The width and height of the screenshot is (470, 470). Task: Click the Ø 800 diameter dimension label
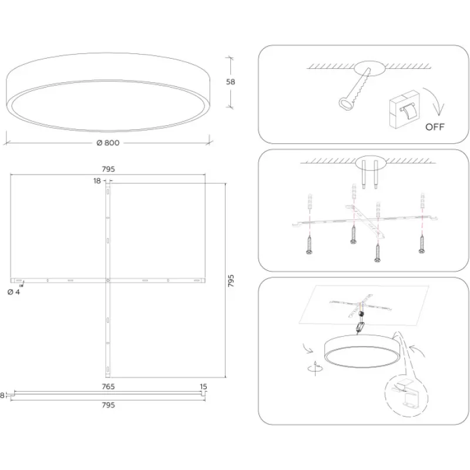click(108, 143)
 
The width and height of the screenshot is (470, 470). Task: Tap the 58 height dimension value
click(230, 82)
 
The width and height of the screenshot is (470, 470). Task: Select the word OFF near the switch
click(435, 127)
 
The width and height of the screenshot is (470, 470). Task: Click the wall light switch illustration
click(404, 110)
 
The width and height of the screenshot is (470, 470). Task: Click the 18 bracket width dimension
click(97, 181)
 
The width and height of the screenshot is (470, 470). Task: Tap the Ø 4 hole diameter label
click(14, 292)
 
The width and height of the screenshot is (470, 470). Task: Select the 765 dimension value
click(108, 387)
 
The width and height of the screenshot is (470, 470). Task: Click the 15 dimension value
click(203, 387)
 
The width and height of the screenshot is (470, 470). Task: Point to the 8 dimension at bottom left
click(2, 395)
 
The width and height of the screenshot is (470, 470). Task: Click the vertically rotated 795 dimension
click(231, 281)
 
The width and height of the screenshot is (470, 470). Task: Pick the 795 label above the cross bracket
click(108, 169)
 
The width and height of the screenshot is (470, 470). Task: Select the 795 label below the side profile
click(108, 405)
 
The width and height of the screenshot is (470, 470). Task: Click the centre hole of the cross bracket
click(108, 281)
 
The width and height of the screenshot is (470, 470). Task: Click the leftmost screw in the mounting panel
click(310, 244)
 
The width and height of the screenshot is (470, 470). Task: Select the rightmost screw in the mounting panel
click(422, 244)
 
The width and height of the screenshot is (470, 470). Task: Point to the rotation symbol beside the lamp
click(315, 368)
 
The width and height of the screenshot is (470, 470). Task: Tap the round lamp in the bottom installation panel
click(362, 351)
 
